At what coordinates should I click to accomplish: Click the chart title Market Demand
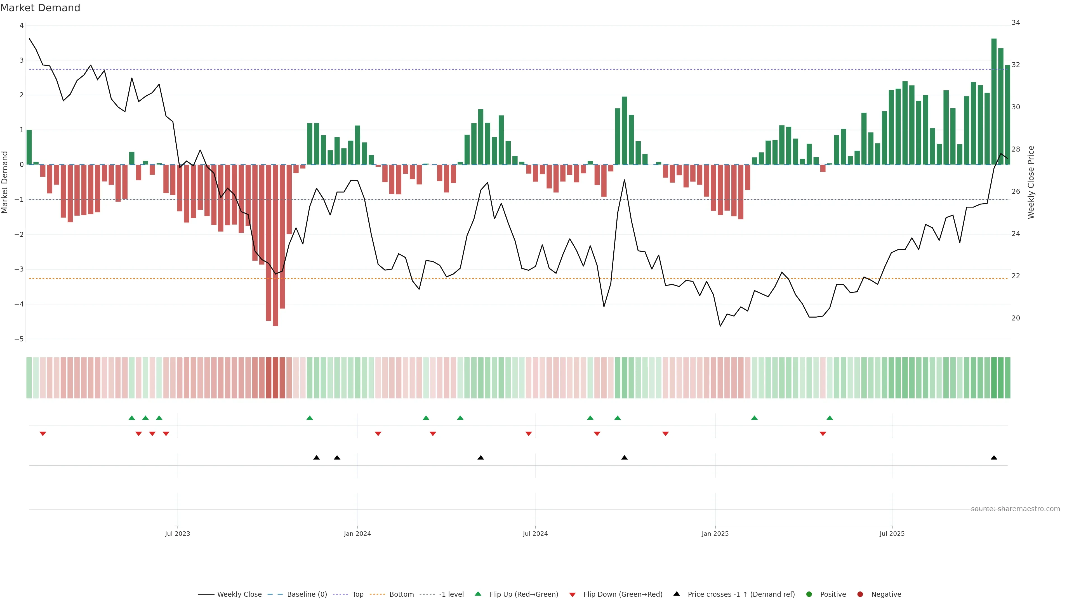click(x=40, y=8)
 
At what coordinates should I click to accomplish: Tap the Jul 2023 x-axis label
click(x=177, y=534)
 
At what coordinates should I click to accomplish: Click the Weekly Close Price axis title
click(x=1031, y=182)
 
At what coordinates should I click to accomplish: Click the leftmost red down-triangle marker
click(x=43, y=434)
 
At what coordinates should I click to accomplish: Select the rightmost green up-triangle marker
click(x=829, y=418)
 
